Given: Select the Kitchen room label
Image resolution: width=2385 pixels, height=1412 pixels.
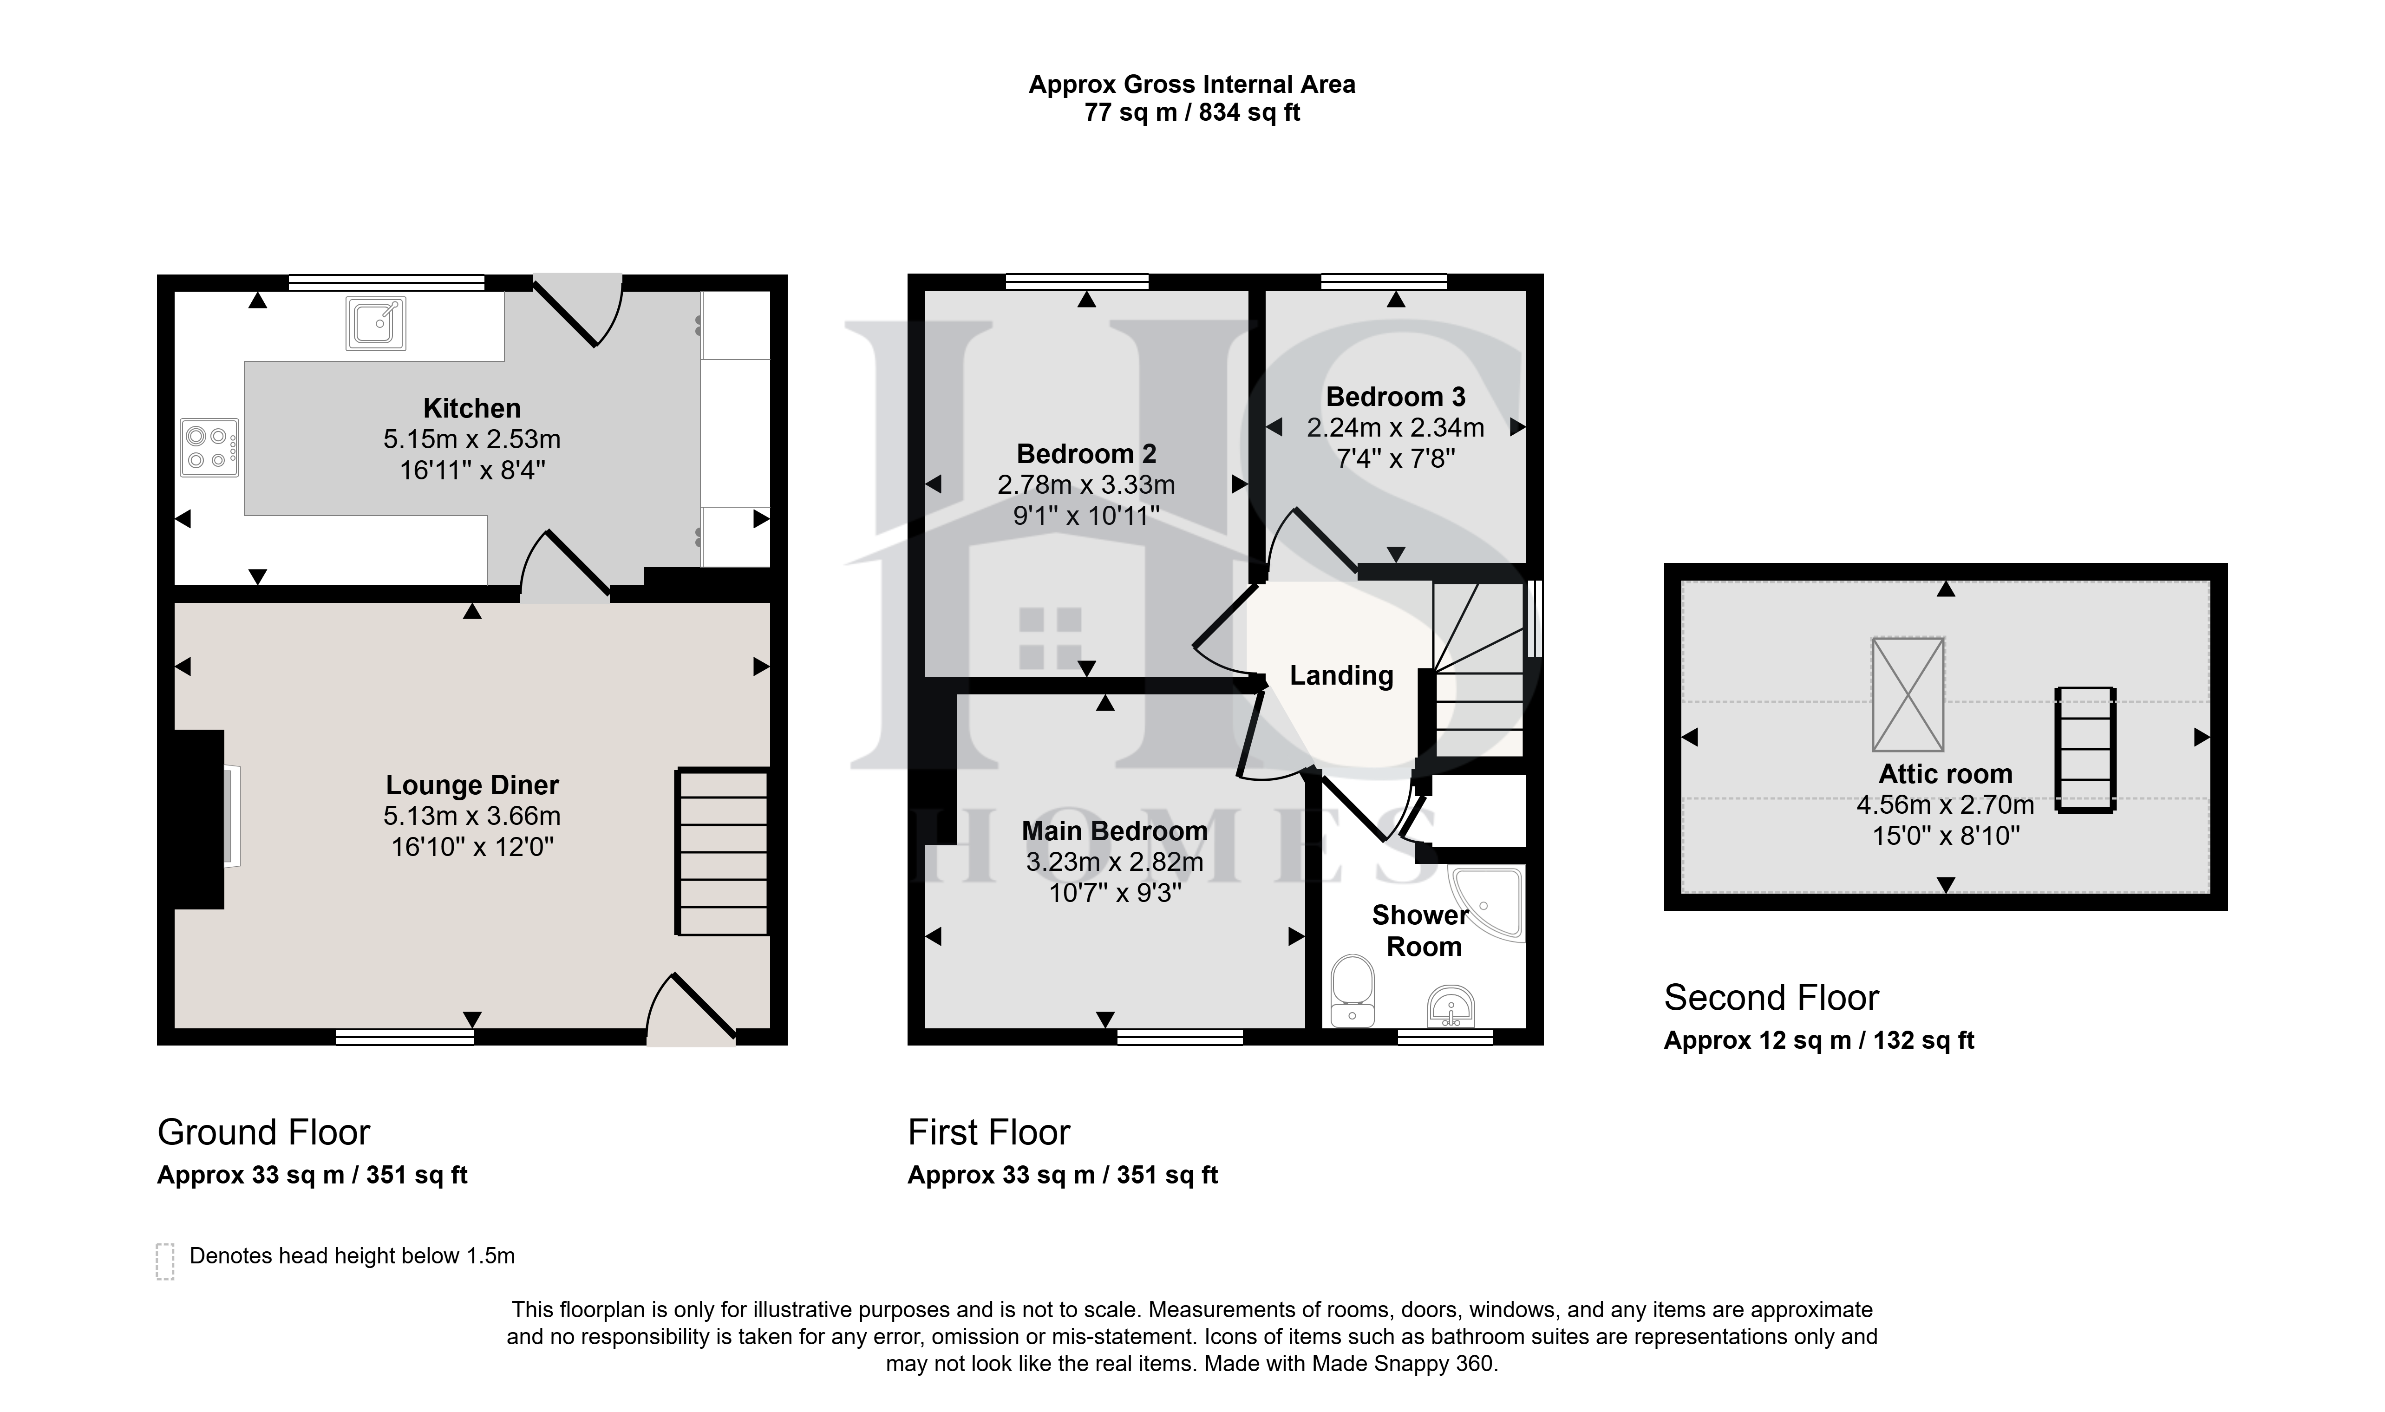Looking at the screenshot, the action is pyautogui.click(x=472, y=408).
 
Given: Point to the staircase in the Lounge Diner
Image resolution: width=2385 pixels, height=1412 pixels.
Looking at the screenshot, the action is pyautogui.click(x=722, y=851).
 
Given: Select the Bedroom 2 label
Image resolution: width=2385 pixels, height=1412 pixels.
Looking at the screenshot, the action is pyautogui.click(x=1086, y=454).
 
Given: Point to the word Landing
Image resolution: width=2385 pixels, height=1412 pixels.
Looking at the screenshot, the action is pyautogui.click(x=1341, y=675).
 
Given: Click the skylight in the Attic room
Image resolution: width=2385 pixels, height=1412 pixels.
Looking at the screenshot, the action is pyautogui.click(x=1908, y=694).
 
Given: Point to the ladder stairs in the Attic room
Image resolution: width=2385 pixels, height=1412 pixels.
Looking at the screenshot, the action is pyautogui.click(x=2085, y=750).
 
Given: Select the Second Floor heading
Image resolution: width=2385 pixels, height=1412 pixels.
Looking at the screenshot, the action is pyautogui.click(x=1771, y=997).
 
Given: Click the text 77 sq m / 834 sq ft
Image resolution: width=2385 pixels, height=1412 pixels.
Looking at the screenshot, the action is pyautogui.click(x=1192, y=112).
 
